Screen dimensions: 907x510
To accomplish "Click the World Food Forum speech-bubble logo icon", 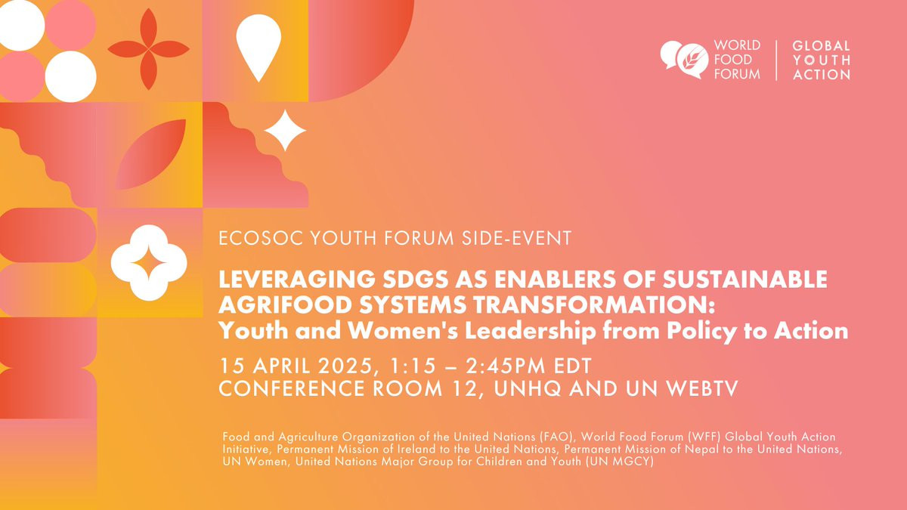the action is tap(684, 60).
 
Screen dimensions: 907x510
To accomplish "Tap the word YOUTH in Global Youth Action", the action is tap(822, 60).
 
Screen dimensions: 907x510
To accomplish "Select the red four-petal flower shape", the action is tap(149, 49).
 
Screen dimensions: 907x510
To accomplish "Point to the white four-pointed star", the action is tap(285, 130).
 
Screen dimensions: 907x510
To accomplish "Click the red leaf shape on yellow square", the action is tap(150, 154).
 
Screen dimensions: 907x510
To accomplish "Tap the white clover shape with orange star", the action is tap(149, 263).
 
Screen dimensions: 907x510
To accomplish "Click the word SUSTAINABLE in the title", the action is tap(745, 280).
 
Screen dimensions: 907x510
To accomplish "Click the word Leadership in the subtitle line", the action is tap(531, 331).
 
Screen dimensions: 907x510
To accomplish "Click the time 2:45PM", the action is tap(506, 366).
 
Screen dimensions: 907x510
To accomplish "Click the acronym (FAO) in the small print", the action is tap(557, 437).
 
